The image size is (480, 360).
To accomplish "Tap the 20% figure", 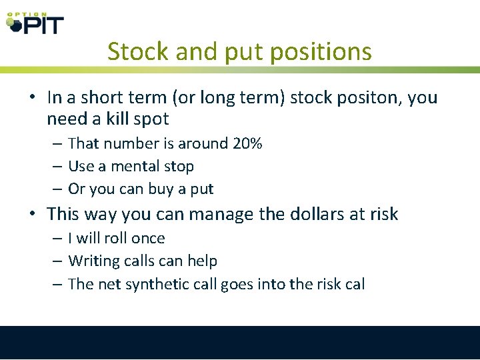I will click(x=247, y=143).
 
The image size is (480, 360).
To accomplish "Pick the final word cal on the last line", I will click(x=355, y=283).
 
